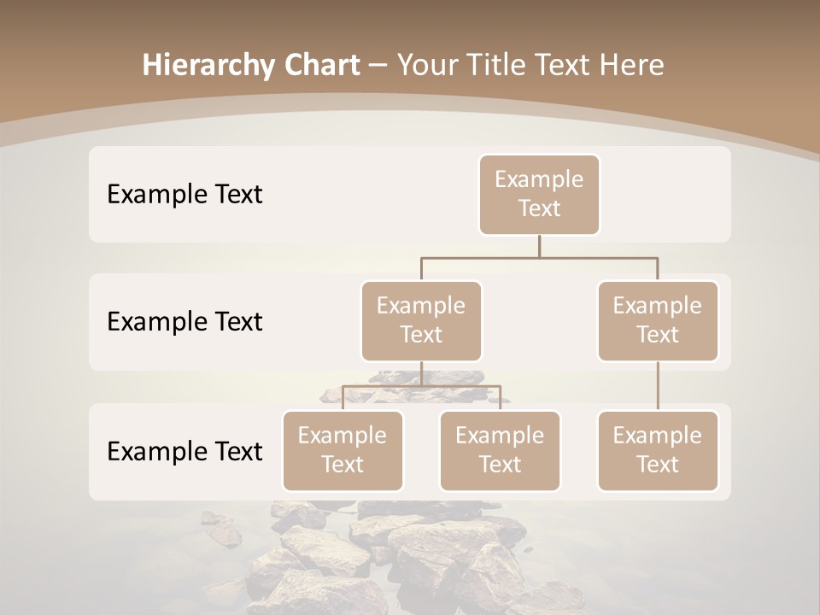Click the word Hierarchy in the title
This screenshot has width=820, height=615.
point(204,66)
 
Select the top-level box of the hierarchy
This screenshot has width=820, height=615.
point(539,195)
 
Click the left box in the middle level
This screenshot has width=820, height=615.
point(421,321)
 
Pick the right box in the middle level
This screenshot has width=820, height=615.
point(658,321)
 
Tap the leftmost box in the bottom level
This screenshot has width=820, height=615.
point(343,451)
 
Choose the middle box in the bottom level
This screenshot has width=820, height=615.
point(500,451)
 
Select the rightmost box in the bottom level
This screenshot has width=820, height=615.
point(658,451)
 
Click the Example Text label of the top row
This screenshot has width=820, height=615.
point(184,195)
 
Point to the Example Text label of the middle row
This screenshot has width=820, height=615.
point(184,322)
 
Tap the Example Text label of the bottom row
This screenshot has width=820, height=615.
point(184,451)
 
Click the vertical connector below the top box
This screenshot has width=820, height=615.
point(539,246)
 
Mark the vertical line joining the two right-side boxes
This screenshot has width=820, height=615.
point(658,386)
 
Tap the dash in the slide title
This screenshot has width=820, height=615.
point(378,66)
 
